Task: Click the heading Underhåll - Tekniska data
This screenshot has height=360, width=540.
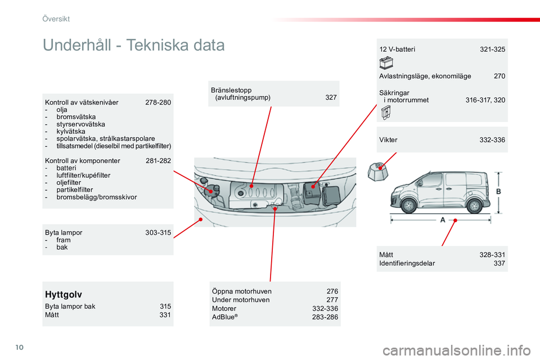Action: [134, 45]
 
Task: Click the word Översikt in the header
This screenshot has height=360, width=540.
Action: [56, 19]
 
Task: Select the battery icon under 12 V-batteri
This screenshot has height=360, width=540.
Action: [386, 62]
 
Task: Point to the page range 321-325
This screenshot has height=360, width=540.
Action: [492, 49]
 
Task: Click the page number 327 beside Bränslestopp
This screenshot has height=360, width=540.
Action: [331, 97]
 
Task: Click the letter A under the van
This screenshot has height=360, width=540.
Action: [442, 220]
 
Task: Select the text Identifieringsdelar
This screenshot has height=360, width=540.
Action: [407, 263]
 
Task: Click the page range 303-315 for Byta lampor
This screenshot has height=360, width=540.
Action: [158, 232]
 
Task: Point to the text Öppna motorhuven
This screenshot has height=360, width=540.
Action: [242, 291]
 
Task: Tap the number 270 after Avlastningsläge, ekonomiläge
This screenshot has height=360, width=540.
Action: [499, 76]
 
